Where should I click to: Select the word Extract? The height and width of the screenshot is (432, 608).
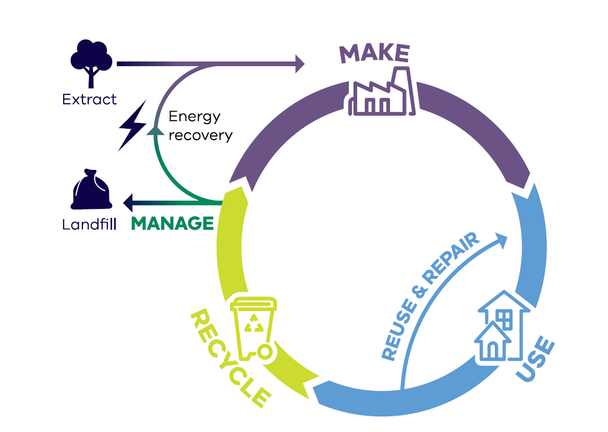point(89,99)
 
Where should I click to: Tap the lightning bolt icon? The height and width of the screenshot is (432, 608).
point(132,125)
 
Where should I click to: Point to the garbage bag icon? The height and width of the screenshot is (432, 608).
point(91,190)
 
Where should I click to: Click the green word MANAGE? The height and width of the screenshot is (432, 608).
point(173,224)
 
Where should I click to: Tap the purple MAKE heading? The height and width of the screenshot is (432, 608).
point(374,53)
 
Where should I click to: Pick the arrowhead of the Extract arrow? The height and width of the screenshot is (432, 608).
point(300,64)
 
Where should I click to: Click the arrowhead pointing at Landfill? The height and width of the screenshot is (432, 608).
point(128,200)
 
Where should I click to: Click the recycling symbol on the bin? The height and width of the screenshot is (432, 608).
point(254,324)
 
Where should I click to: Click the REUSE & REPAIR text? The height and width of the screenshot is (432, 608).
point(431,297)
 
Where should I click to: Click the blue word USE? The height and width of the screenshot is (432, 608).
point(536,360)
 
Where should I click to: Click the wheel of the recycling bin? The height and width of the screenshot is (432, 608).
point(265,352)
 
